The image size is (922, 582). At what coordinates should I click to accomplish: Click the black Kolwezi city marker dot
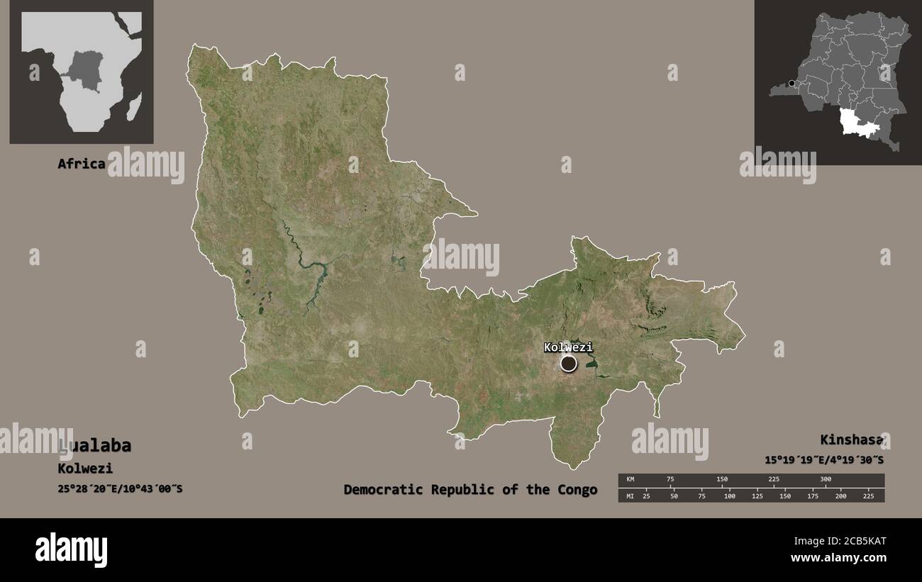pyautogui.click(x=569, y=364)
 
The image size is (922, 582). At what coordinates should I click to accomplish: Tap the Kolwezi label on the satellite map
pyautogui.click(x=568, y=347)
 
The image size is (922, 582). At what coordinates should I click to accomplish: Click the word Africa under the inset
pyautogui.click(x=82, y=164)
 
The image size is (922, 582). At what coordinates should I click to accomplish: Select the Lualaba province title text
pyautogui.click(x=95, y=446)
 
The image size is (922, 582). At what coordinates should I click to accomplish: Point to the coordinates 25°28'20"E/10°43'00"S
pyautogui.click(x=120, y=488)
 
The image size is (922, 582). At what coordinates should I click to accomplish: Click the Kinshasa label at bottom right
pyautogui.click(x=852, y=440)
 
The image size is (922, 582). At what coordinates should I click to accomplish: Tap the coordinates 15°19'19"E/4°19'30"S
pyautogui.click(x=824, y=459)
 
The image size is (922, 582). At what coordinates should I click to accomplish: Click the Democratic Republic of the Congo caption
pyautogui.click(x=470, y=490)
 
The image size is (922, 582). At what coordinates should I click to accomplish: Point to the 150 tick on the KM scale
pyautogui.click(x=722, y=479)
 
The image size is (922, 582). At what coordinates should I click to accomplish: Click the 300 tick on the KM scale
pyautogui.click(x=826, y=479)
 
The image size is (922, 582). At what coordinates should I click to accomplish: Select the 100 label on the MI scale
pyautogui.click(x=729, y=496)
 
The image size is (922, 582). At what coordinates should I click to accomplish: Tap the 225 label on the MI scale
pyautogui.click(x=868, y=496)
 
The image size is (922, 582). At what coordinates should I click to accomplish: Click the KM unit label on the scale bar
pyautogui.click(x=630, y=479)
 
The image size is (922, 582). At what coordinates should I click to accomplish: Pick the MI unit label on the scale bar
pyautogui.click(x=630, y=496)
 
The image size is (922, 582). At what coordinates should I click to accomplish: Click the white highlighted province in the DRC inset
pyautogui.click(x=857, y=121)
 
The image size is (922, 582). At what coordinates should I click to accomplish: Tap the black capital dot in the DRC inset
pyautogui.click(x=792, y=84)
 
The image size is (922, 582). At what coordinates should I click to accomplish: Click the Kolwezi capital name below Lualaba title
pyautogui.click(x=85, y=469)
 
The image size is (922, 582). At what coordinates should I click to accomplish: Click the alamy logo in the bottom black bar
pyautogui.click(x=72, y=549)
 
